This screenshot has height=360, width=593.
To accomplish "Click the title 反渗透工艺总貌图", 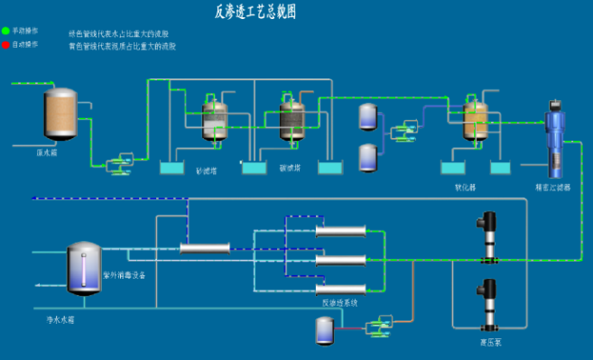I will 255,12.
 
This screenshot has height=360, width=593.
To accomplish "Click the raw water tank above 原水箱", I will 60,115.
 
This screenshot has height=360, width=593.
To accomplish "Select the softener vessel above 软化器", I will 475,119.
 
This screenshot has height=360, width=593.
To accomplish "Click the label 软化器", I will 465,189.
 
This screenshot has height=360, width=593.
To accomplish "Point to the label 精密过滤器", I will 551,189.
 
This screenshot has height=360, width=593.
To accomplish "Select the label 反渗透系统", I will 340,302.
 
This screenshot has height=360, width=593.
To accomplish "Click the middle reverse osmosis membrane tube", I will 340,260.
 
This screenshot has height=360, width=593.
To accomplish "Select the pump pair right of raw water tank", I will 117,164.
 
